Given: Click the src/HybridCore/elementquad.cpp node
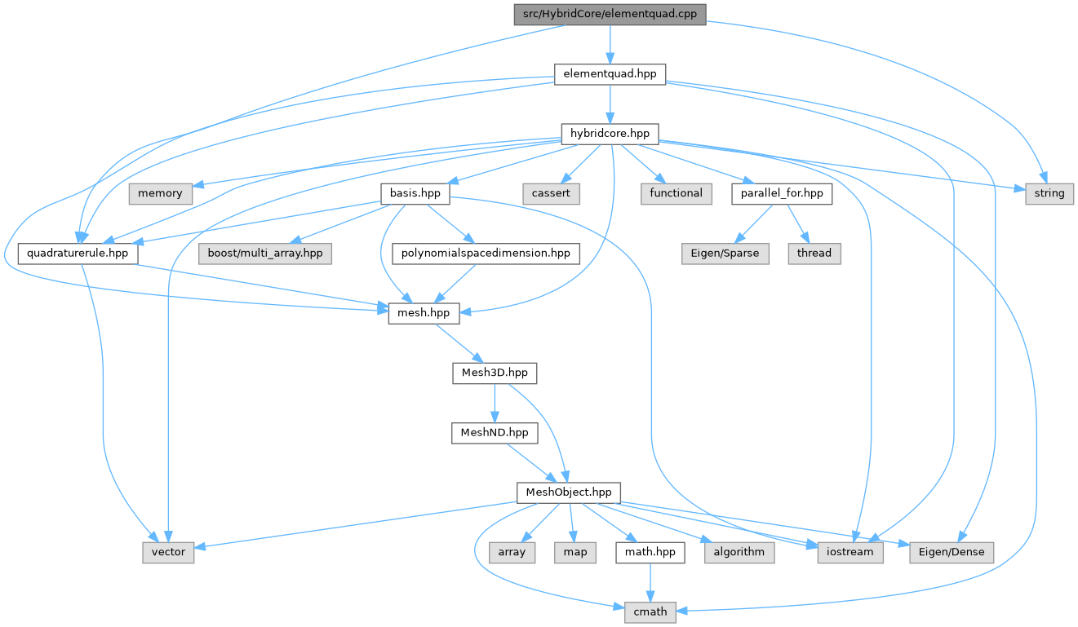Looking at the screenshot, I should [610, 14].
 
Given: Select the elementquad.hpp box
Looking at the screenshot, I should [610, 73].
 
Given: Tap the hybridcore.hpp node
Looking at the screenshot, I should [610, 134].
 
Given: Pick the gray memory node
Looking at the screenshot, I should [160, 193].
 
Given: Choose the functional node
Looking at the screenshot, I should [676, 193].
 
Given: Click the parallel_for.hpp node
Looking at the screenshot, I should [782, 193].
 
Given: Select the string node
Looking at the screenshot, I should [1049, 193].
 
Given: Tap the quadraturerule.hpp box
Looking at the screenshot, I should [78, 254].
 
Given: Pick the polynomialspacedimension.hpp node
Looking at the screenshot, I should [486, 254].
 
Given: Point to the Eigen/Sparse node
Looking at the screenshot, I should [721, 254].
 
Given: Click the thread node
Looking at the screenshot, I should [814, 254].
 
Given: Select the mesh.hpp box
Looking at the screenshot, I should [419, 313].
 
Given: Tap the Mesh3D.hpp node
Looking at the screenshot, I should [495, 373].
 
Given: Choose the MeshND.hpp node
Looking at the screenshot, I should [495, 432].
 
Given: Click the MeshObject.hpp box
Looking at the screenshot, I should [569, 492].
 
